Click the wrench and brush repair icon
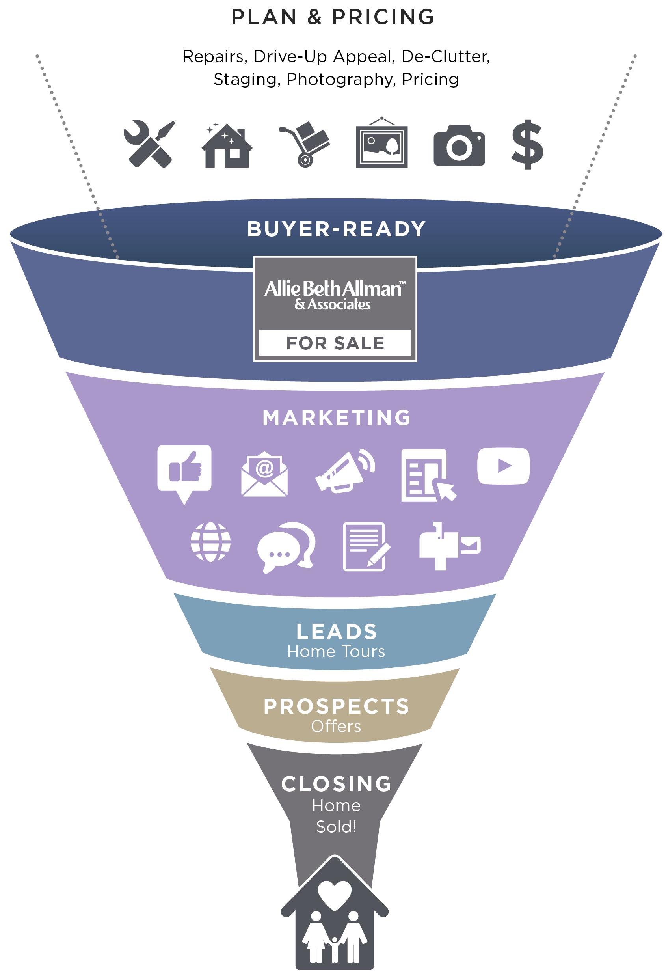pos(149,144)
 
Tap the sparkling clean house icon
pos(227,145)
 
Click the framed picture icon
pos(381,144)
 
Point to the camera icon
pos(459,145)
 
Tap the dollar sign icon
pos(527,144)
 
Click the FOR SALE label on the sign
pos(335,343)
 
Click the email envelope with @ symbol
pos(264,474)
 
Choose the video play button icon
pos(503,466)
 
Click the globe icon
pos(210,542)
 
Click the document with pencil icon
pos(365,546)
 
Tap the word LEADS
pos(337,632)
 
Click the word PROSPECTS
pos(337,706)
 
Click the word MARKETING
pos(337,418)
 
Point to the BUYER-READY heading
pos(337,229)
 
